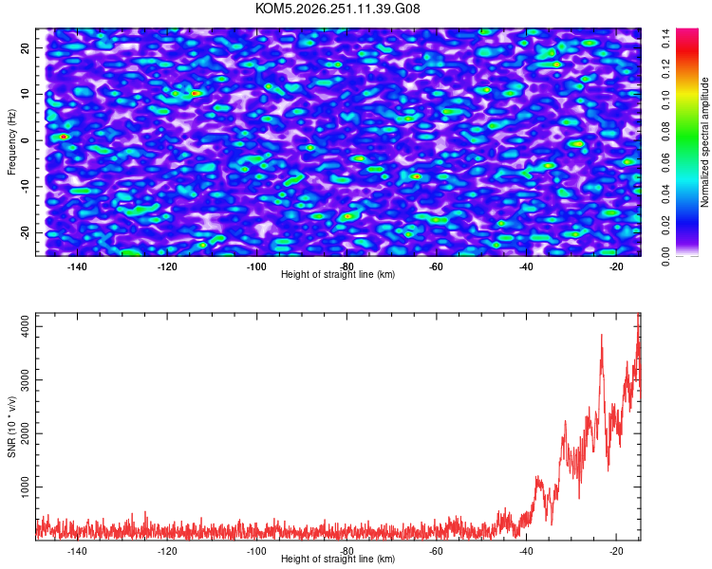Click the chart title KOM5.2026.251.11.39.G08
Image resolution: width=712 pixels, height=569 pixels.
[x=337, y=9]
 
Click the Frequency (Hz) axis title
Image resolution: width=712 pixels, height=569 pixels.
[x=11, y=142]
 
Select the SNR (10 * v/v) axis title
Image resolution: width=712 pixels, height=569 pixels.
[x=11, y=427]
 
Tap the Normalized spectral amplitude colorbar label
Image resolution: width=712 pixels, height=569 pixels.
[x=704, y=142]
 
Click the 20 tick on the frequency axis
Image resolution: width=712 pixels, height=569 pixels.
[x=25, y=48]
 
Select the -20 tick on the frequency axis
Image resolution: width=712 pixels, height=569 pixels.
[x=25, y=232]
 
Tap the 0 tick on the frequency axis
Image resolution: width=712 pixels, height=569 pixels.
[x=25, y=140]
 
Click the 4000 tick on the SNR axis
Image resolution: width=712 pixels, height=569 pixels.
[x=25, y=326]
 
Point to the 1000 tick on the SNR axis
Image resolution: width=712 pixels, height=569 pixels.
[x=25, y=486]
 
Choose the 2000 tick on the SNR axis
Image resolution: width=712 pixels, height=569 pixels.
[x=25, y=433]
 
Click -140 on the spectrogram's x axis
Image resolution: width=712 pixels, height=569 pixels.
[x=77, y=266]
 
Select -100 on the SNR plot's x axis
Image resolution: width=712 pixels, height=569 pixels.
[x=256, y=551]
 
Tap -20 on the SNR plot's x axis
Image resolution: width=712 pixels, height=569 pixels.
[x=616, y=551]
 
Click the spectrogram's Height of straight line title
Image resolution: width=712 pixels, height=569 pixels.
[x=338, y=274]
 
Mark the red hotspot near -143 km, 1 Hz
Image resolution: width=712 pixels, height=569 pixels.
[x=64, y=137]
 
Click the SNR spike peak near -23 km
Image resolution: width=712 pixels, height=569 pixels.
[x=602, y=335]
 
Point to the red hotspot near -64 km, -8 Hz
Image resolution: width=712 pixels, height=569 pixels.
[x=417, y=176]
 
